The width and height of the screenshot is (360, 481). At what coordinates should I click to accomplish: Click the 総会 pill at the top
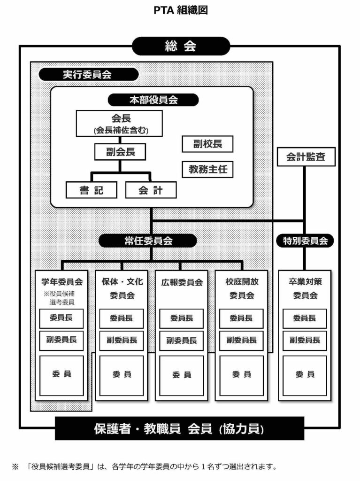click(181, 46)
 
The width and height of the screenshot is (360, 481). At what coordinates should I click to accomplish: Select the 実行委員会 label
click(88, 75)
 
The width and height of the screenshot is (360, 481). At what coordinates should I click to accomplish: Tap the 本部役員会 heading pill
click(153, 100)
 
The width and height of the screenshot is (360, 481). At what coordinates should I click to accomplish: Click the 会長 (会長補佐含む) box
click(119, 124)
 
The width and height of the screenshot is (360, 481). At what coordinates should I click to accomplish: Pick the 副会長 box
click(120, 152)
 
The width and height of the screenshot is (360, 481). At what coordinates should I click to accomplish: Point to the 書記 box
click(92, 190)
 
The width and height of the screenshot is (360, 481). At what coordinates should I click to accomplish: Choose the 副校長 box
click(207, 144)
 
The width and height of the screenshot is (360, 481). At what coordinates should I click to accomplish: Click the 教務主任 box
click(207, 169)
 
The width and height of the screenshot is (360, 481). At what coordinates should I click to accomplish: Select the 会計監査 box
click(306, 157)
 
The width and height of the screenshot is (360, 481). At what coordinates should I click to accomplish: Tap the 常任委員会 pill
click(148, 241)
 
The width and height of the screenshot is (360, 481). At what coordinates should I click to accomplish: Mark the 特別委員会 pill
click(305, 241)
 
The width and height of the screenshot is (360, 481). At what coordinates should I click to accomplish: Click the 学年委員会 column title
click(62, 282)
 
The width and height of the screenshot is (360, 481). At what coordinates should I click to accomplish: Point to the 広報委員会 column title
click(182, 282)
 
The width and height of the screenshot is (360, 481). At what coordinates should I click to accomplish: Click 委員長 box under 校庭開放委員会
click(241, 318)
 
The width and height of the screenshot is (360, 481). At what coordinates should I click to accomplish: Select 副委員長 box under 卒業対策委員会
click(305, 340)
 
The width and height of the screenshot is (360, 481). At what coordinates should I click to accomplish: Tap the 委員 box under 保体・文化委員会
click(122, 375)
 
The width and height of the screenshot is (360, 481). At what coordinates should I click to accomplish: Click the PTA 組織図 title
click(181, 10)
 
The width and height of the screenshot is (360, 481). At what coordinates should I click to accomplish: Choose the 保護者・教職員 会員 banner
click(180, 428)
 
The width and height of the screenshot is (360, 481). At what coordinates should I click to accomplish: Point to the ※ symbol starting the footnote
click(15, 467)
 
